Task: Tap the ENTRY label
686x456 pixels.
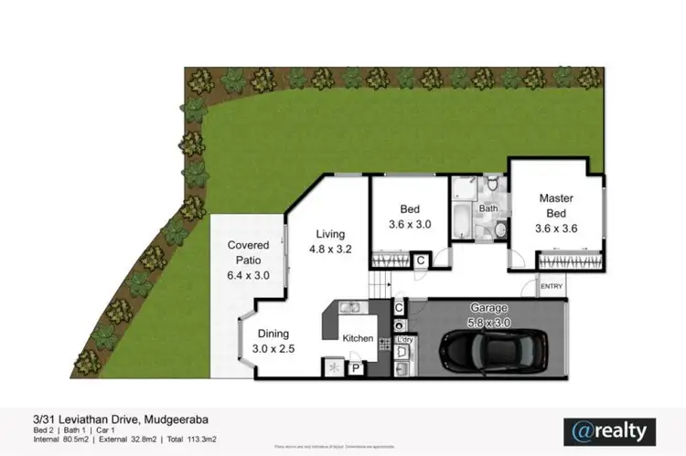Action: [x=552, y=287]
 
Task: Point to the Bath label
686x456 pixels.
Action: [x=489, y=208]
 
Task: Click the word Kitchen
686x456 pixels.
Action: [x=358, y=338]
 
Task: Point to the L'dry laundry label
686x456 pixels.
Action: [x=404, y=341]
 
